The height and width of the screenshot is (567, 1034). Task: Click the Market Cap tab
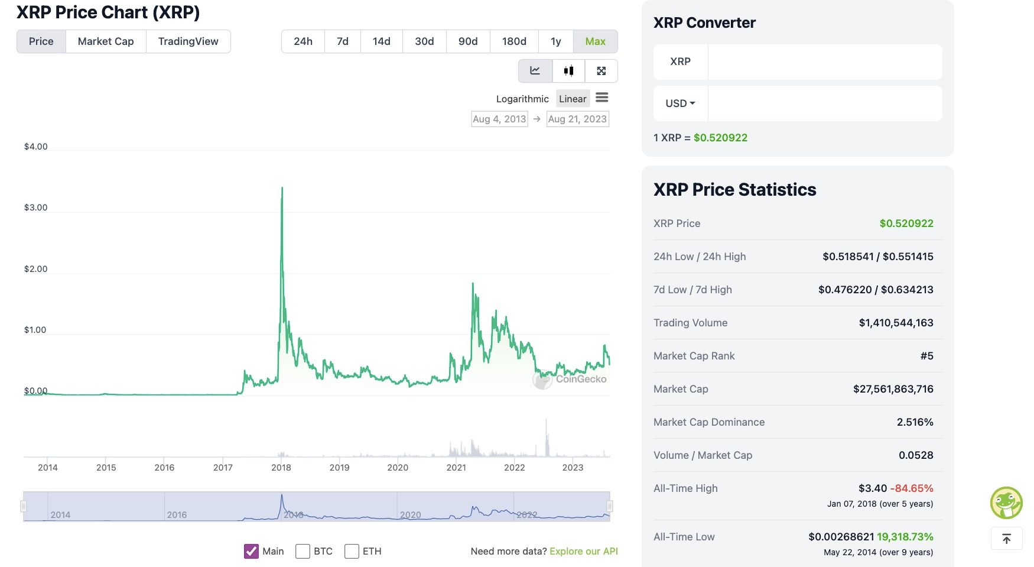(x=106, y=41)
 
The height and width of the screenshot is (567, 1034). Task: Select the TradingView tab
(x=188, y=41)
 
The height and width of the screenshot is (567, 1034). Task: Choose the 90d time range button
(x=468, y=41)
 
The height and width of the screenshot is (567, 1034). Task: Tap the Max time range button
(x=595, y=41)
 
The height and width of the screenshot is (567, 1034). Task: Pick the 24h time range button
(x=303, y=41)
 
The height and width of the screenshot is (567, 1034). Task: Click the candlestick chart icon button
(x=568, y=71)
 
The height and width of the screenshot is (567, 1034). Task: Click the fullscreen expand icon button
(x=601, y=71)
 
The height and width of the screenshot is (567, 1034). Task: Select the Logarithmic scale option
(x=522, y=99)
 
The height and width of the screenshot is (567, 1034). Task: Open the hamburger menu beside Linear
(x=601, y=98)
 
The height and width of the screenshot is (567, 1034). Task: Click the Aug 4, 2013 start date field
(x=499, y=119)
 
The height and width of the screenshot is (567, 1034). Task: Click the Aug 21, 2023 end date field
(x=577, y=119)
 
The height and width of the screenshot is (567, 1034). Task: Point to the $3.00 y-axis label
(x=35, y=208)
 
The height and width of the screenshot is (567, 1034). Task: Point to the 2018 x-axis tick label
(x=281, y=468)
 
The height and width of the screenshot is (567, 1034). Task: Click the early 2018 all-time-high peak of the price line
(x=282, y=188)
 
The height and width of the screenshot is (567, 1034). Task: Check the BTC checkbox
(x=303, y=551)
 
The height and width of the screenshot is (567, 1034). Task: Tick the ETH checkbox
(x=352, y=551)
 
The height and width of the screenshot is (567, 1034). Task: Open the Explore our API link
(x=583, y=551)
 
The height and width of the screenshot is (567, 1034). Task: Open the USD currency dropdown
(x=680, y=103)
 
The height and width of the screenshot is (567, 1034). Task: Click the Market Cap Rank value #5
(x=926, y=356)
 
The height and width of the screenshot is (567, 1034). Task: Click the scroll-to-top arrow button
(x=1006, y=539)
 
